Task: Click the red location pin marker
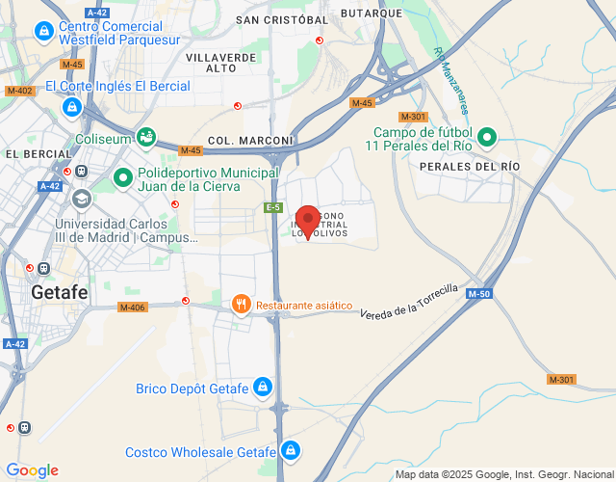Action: click(307, 221)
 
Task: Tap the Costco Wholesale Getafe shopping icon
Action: click(291, 450)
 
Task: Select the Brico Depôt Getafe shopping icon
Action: click(265, 388)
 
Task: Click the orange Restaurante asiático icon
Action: click(241, 306)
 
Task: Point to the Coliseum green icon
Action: click(145, 138)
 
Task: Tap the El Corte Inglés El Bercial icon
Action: click(71, 107)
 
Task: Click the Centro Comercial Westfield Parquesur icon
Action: click(43, 32)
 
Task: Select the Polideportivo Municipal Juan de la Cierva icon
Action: click(123, 177)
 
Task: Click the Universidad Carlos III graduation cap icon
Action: click(81, 199)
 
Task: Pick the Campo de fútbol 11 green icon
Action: click(486, 138)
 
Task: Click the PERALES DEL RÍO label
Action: click(470, 167)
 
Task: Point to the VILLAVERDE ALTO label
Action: click(221, 63)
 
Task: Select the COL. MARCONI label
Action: click(236, 140)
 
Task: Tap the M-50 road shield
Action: click(483, 294)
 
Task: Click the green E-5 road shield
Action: click(274, 207)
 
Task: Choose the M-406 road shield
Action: click(132, 308)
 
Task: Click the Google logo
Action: click(32, 470)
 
